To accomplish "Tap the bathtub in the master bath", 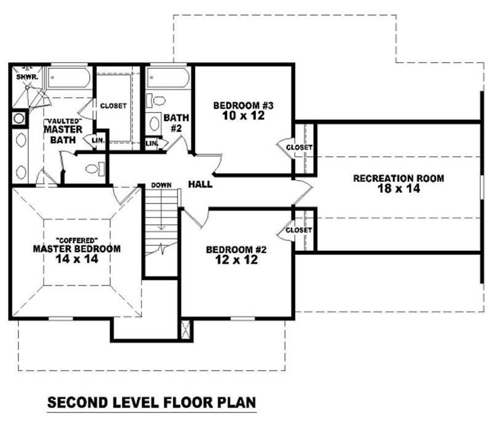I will tap(69, 79).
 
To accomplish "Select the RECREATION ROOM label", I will tap(398, 178).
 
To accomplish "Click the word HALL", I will tap(200, 184).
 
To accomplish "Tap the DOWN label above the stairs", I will tap(161, 185).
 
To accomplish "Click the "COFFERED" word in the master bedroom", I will tap(76, 238).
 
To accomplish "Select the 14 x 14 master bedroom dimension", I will tap(76, 259).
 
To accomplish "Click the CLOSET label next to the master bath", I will tap(113, 106).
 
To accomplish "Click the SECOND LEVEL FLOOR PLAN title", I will tap(151, 404).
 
